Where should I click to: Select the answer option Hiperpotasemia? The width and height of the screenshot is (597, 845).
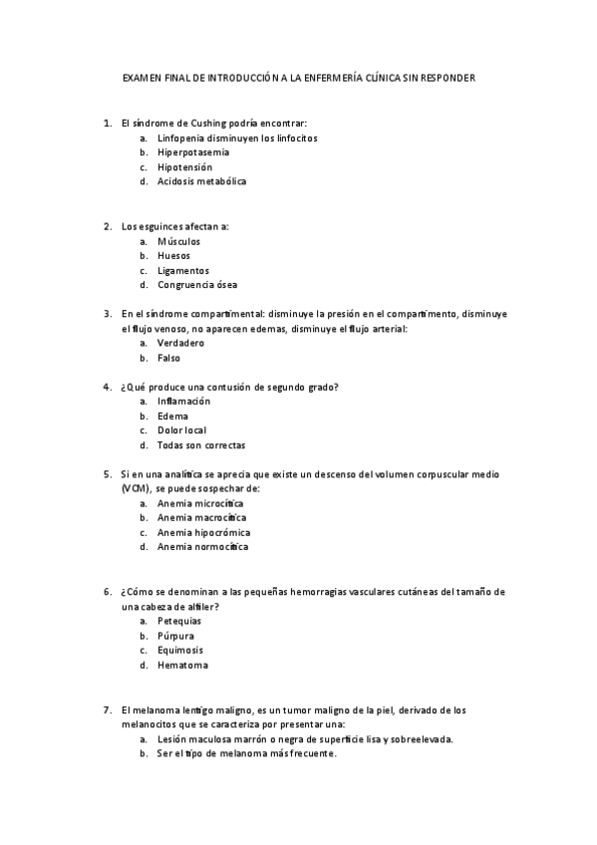(x=193, y=152)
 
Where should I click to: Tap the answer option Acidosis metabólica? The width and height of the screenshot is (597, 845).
(x=201, y=181)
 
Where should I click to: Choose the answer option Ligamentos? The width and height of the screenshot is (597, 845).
(x=183, y=270)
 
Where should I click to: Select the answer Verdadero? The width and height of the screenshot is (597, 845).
(x=181, y=343)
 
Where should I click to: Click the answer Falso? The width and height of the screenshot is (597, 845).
(x=169, y=358)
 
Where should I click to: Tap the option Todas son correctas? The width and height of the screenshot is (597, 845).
(x=201, y=445)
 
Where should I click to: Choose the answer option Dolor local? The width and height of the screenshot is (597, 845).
(x=182, y=430)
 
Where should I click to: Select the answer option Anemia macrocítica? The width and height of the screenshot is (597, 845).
(x=202, y=518)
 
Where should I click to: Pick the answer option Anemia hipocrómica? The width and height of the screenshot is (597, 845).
(x=203, y=532)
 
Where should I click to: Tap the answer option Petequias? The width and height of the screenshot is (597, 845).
(x=179, y=621)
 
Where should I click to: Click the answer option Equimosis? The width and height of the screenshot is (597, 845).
(x=180, y=650)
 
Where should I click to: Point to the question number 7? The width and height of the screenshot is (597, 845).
(x=107, y=709)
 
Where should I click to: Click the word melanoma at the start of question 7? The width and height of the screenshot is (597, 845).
(x=153, y=709)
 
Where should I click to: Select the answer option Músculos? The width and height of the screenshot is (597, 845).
(x=178, y=241)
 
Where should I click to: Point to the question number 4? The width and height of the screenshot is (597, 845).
(x=107, y=387)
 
